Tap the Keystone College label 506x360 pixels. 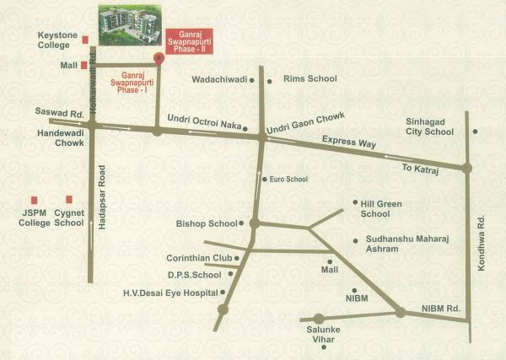pyautogui.click(x=57, y=40)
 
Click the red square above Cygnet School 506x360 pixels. pyautogui.click(x=69, y=200)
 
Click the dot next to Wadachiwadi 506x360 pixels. pyautogui.click(x=270, y=82)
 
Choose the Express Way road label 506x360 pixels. pyautogui.click(x=347, y=143)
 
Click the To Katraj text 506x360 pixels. pyautogui.click(x=422, y=169)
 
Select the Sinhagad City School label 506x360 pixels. pyautogui.click(x=429, y=126)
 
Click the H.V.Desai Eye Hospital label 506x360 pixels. pyautogui.click(x=170, y=293)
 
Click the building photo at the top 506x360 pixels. pyautogui.click(x=129, y=25)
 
